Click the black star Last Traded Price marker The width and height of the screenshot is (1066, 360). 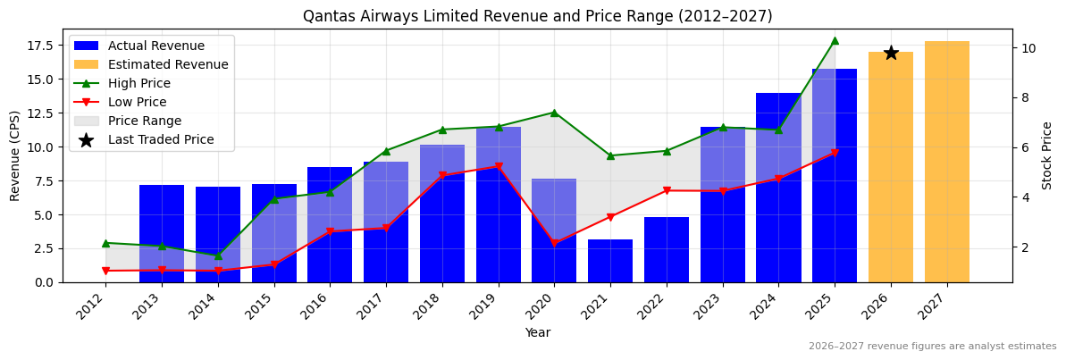(891, 53)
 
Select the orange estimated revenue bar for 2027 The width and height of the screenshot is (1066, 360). (946, 162)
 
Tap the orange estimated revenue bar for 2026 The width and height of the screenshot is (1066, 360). (891, 170)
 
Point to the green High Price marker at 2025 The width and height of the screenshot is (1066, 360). (835, 40)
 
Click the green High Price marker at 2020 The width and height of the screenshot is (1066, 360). (554, 113)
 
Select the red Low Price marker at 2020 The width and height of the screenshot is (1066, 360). (554, 243)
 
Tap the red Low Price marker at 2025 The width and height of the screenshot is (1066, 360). (835, 153)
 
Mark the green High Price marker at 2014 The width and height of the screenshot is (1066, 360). (218, 256)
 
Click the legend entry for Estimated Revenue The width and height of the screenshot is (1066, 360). (167, 64)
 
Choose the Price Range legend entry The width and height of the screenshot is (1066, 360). (144, 121)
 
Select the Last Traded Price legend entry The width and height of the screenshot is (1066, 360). (160, 139)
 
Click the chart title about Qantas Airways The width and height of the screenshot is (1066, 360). (537, 16)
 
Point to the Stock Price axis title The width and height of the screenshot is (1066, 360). (1047, 155)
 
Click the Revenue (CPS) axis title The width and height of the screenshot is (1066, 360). (15, 155)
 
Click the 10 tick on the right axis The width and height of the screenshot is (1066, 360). (1028, 47)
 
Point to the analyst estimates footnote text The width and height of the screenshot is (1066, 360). (932, 347)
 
